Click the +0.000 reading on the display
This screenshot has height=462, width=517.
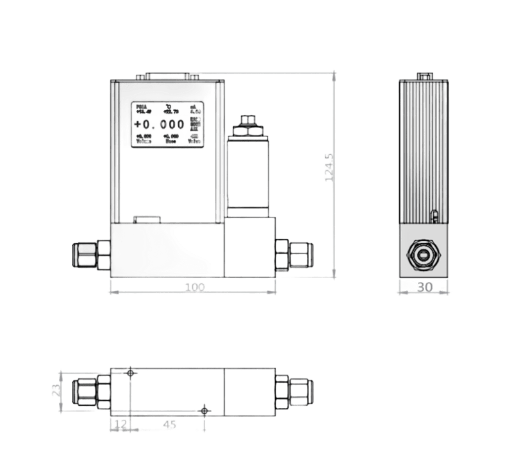[159, 125]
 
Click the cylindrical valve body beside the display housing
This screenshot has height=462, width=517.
[249, 173]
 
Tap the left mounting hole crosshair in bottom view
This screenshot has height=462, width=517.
[130, 373]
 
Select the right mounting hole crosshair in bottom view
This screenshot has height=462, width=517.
[205, 411]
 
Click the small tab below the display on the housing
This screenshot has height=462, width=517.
[146, 219]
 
